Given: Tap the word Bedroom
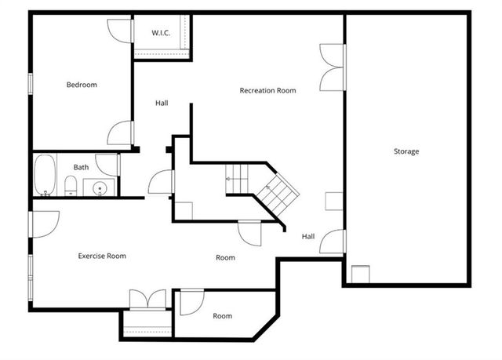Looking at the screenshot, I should [x=82, y=85].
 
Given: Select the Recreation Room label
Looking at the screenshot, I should [x=267, y=90].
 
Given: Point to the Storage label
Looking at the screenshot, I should [x=406, y=151].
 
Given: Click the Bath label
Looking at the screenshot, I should [x=82, y=167].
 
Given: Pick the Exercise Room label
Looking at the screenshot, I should [x=102, y=256].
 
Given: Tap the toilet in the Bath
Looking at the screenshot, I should [x=70, y=187].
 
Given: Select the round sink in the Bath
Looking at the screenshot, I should [x=99, y=188].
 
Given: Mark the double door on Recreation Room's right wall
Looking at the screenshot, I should [x=333, y=67].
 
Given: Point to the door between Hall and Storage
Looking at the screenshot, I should [x=335, y=241].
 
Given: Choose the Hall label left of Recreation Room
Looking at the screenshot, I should [x=162, y=103].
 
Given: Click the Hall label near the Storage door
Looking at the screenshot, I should [x=308, y=236].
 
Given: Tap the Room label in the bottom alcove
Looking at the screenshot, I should [x=223, y=316].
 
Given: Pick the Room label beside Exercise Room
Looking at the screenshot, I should [x=226, y=257].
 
